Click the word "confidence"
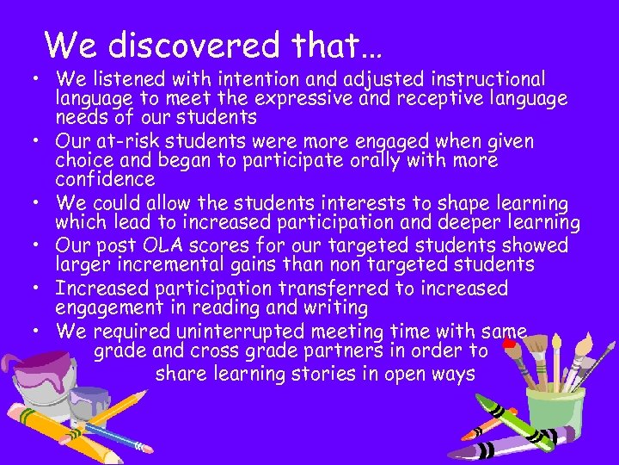tap(105, 179)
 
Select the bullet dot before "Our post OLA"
tap(40, 245)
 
